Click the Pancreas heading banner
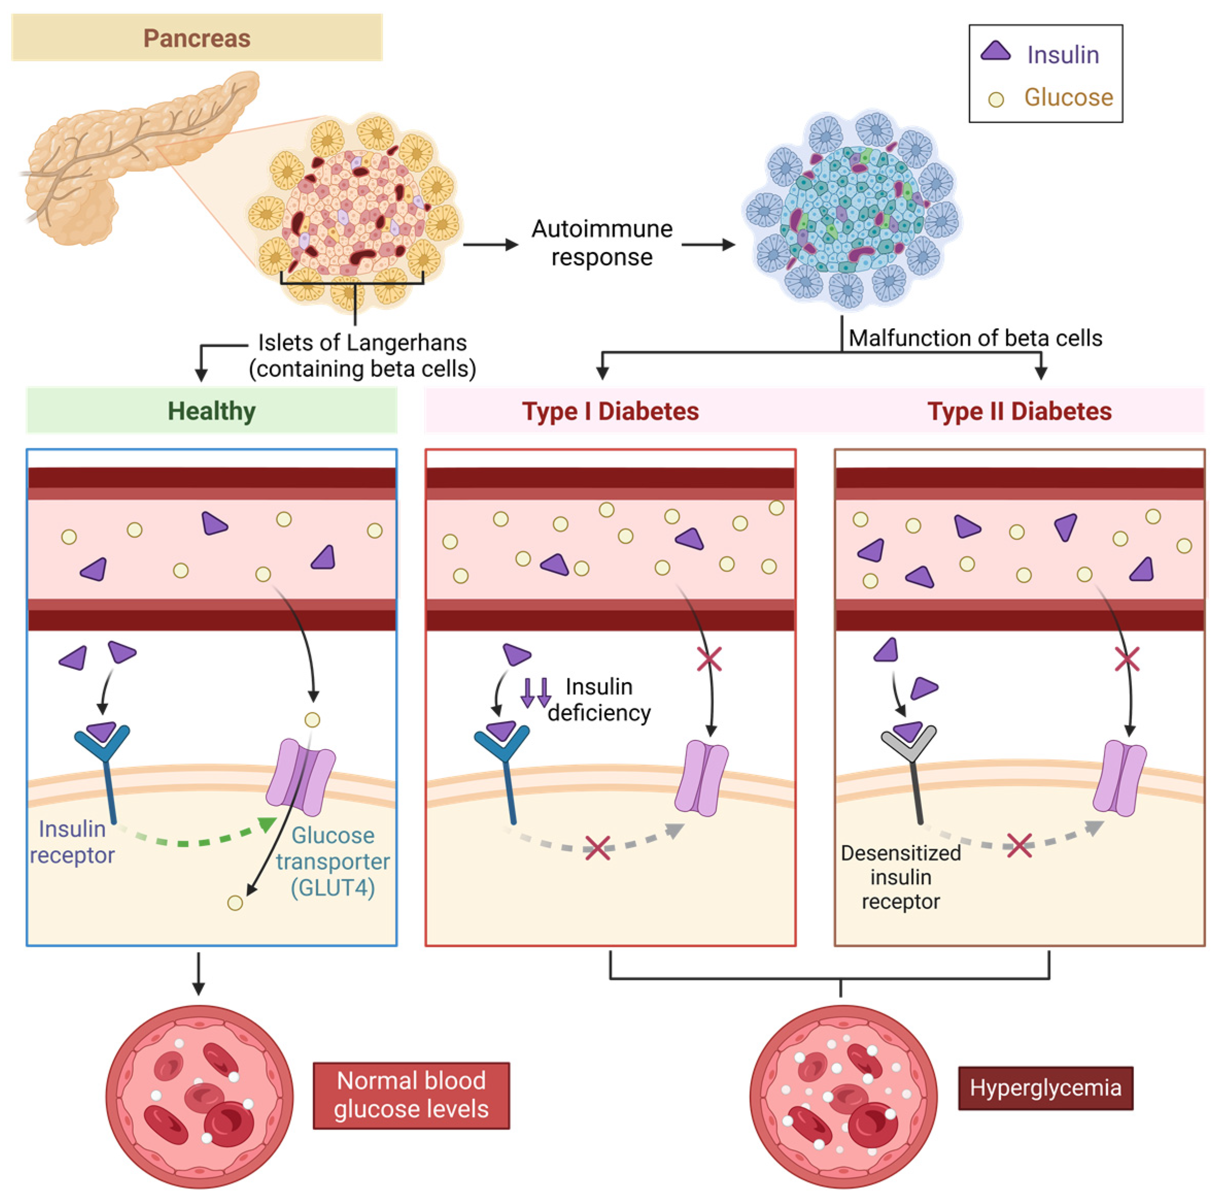(196, 38)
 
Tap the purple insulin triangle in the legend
(994, 51)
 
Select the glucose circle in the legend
(994, 99)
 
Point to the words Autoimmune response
(601, 243)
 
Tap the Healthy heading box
(211, 411)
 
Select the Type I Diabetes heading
(609, 411)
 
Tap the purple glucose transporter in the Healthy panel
(301, 777)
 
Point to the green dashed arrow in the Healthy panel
(196, 839)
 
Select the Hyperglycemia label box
(1044, 1088)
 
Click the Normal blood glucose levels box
(410, 1095)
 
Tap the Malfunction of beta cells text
(974, 338)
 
